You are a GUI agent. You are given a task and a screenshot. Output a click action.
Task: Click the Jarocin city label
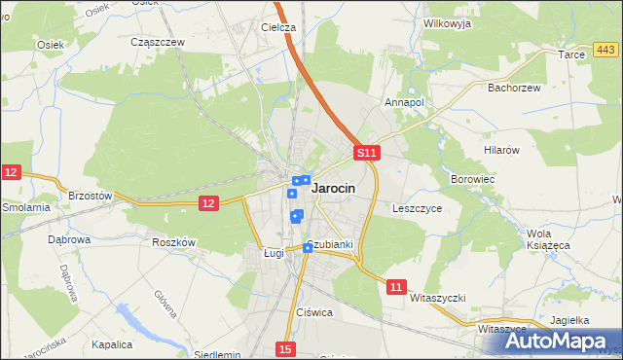click(332, 189)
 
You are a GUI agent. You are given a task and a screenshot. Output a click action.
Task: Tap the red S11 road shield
click(365, 154)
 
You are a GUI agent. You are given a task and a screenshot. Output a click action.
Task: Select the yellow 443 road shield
click(605, 50)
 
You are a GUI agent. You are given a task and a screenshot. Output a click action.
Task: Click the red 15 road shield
click(284, 348)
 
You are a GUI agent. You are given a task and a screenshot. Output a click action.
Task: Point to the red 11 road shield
click(395, 286)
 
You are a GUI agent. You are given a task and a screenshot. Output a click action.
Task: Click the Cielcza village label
click(277, 28)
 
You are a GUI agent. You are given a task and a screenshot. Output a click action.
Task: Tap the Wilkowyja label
click(447, 21)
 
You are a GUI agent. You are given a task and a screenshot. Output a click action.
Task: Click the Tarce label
click(571, 55)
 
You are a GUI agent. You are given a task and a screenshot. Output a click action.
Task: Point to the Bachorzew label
click(512, 87)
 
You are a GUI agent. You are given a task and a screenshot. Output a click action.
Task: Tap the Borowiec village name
click(473, 180)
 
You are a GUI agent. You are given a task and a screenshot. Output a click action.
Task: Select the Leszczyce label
click(418, 208)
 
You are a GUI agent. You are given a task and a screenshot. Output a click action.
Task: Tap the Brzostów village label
click(91, 196)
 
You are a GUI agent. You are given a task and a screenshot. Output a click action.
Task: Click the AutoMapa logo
click(558, 341)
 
